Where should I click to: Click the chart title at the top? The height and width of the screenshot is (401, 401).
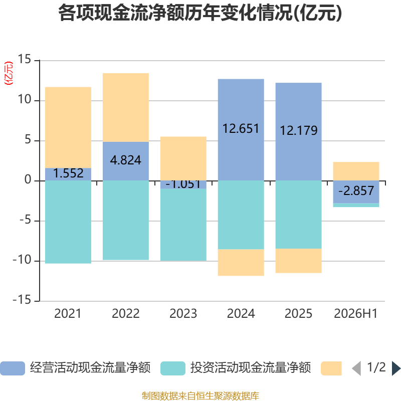pos(200,13)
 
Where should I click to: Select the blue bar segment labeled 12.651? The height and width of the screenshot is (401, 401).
pos(241,130)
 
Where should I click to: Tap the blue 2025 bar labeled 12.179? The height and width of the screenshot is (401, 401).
pos(298,132)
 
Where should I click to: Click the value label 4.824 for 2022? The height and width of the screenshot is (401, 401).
pos(126,160)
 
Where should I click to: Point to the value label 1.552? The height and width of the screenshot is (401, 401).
pos(68,173)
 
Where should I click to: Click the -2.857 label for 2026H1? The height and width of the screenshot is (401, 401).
pos(356,191)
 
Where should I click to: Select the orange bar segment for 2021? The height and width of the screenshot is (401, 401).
pos(68,127)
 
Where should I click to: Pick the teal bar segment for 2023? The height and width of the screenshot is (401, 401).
pos(183,225)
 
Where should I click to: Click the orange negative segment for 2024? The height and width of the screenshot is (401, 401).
pos(241,262)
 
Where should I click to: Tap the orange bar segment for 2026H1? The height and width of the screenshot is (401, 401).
pos(356,171)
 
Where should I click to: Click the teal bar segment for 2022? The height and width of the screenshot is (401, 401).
pos(126,221)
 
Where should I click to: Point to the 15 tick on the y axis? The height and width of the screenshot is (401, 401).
pos(24,59)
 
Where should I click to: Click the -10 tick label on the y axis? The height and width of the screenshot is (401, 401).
pos(22,260)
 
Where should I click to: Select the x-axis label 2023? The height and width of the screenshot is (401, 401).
pos(183,314)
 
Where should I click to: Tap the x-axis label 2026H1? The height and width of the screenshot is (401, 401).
pos(356,314)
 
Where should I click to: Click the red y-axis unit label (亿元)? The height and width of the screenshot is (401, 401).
pos(9,73)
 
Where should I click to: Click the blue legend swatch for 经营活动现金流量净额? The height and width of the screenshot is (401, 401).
pos(13,368)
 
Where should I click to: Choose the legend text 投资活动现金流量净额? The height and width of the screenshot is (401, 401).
pos(251,368)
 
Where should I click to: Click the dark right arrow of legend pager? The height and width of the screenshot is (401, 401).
pos(396,368)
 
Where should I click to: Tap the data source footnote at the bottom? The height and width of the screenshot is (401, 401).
pos(200,395)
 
